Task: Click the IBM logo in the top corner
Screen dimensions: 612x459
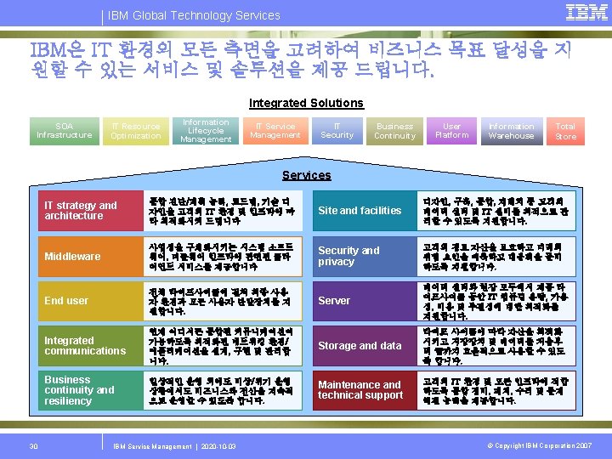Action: pyautogui.click(x=586, y=12)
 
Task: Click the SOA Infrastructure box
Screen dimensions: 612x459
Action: pyautogui.click(x=65, y=130)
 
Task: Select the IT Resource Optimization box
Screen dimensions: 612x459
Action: pyautogui.click(x=135, y=130)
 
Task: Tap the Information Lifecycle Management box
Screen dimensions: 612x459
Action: pyautogui.click(x=205, y=130)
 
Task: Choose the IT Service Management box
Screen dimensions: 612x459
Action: pyautogui.click(x=275, y=130)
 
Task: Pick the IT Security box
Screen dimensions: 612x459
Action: pyautogui.click(x=337, y=130)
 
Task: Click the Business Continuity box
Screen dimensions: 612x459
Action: pyautogui.click(x=394, y=130)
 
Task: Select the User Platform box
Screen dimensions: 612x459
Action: pyautogui.click(x=451, y=130)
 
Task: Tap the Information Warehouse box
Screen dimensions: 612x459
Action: pyautogui.click(x=511, y=130)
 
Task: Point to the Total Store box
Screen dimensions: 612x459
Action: pyautogui.click(x=565, y=130)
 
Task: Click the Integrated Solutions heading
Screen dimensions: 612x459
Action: pyautogui.click(x=306, y=103)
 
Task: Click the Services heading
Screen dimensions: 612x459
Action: pyautogui.click(x=306, y=175)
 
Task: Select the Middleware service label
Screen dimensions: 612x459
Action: pyautogui.click(x=72, y=256)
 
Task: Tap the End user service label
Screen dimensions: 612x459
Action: pyautogui.click(x=66, y=300)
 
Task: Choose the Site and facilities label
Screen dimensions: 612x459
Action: pyautogui.click(x=360, y=211)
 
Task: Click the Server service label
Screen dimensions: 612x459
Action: pyautogui.click(x=334, y=300)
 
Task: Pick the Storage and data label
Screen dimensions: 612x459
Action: pyautogui.click(x=360, y=346)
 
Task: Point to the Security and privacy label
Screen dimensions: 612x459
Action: pyautogui.click(x=348, y=256)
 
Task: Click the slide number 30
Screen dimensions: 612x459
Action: pyautogui.click(x=33, y=445)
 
